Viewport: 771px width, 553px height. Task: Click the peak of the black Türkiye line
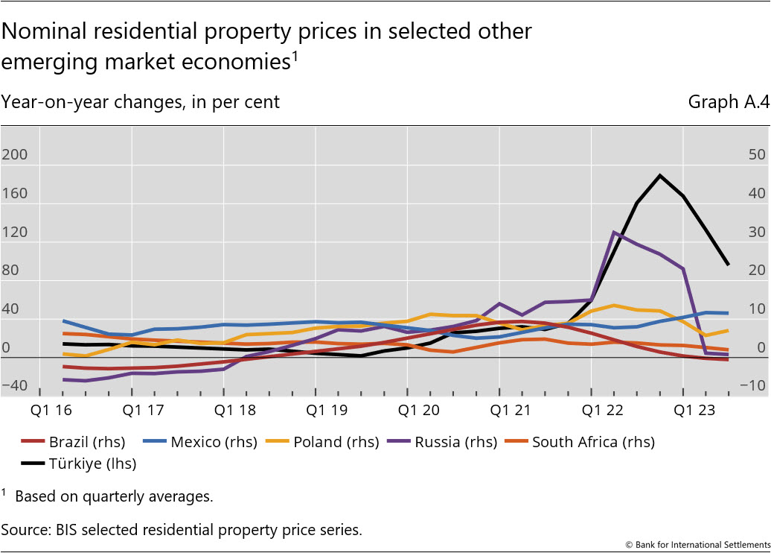(x=659, y=175)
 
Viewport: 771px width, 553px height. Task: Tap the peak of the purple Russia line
(x=614, y=232)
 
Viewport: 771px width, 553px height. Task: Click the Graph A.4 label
(x=728, y=102)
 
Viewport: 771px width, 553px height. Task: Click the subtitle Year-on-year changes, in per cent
(x=140, y=102)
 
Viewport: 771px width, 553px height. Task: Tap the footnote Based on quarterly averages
(x=113, y=496)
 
